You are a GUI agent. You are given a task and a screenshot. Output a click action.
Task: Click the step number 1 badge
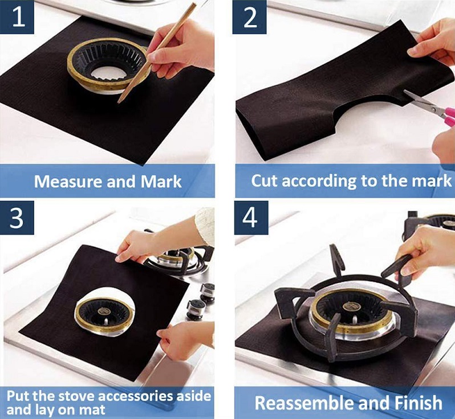(17, 17)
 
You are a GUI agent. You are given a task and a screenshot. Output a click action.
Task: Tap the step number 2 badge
(250, 17)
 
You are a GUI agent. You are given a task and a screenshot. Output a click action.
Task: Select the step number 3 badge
(17, 217)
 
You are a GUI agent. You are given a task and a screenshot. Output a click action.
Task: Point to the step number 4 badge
(251, 217)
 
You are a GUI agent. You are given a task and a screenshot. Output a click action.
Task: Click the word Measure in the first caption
(68, 182)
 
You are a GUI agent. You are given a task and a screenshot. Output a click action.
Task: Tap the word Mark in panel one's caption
(161, 182)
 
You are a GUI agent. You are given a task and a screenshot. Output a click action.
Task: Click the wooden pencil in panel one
(157, 53)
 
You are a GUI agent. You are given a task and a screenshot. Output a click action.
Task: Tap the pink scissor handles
(449, 117)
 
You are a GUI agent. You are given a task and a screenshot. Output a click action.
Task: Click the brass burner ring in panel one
(108, 65)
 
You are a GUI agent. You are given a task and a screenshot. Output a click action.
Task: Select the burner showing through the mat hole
(104, 315)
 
